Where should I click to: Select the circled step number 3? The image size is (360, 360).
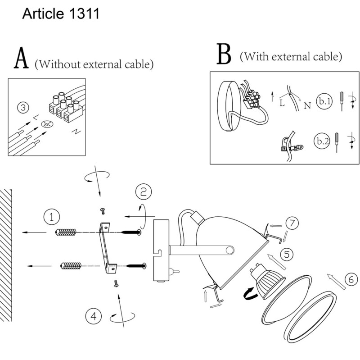tap(24, 108)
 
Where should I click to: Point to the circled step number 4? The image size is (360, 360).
tap(93, 316)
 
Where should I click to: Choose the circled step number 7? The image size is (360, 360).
tap(292, 223)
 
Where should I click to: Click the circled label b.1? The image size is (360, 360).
tap(324, 101)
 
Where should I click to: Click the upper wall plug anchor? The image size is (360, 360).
tap(67, 232)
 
